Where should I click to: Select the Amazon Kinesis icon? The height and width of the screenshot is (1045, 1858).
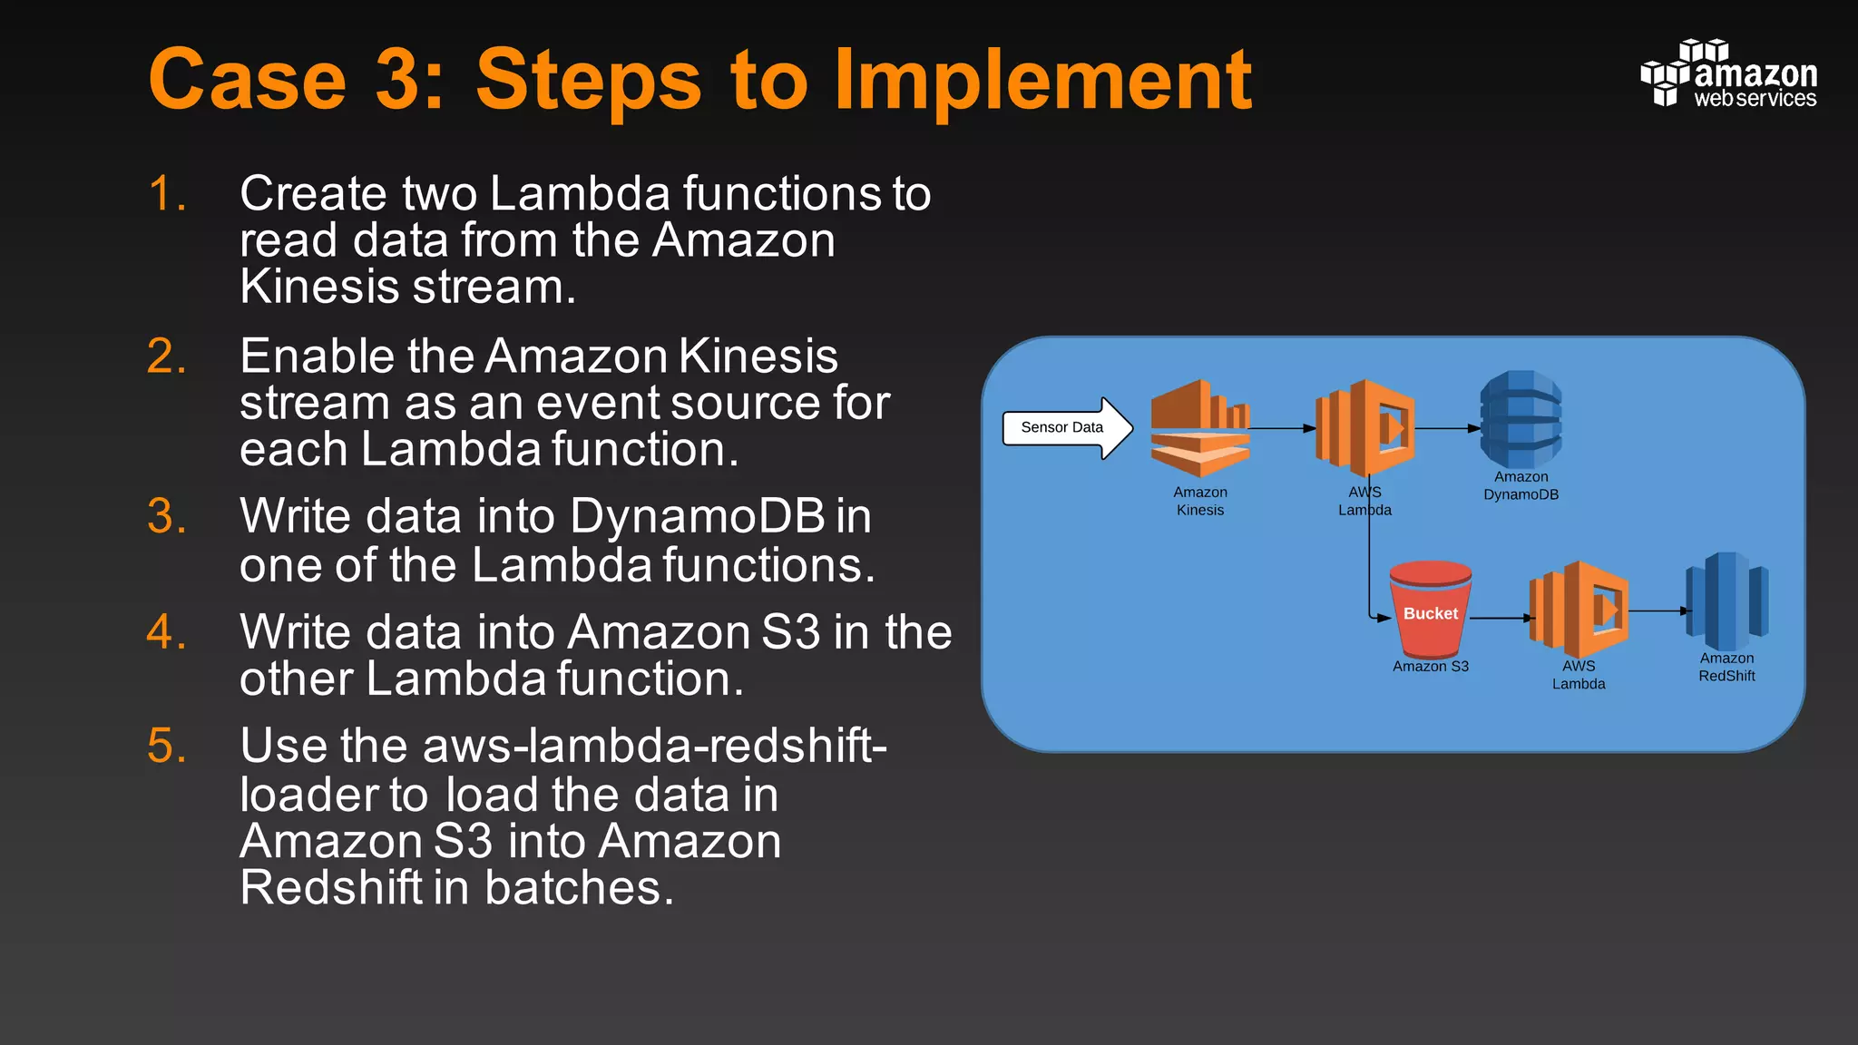click(1199, 428)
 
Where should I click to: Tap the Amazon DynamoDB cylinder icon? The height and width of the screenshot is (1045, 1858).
click(1521, 419)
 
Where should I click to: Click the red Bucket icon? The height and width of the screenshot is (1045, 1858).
click(1431, 610)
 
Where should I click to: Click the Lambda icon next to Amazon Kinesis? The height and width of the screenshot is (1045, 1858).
click(1365, 428)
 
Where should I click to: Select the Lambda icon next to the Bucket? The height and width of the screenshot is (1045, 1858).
click(1579, 610)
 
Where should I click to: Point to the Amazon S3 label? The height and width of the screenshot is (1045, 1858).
click(1431, 667)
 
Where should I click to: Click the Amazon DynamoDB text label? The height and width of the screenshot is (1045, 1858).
click(1521, 486)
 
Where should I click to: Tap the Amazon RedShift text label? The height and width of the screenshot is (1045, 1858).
click(1726, 668)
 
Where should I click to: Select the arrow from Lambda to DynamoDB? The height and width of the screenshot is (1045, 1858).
click(1447, 428)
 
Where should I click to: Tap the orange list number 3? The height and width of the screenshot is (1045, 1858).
click(167, 516)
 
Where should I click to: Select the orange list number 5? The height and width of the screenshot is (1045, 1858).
click(167, 746)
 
